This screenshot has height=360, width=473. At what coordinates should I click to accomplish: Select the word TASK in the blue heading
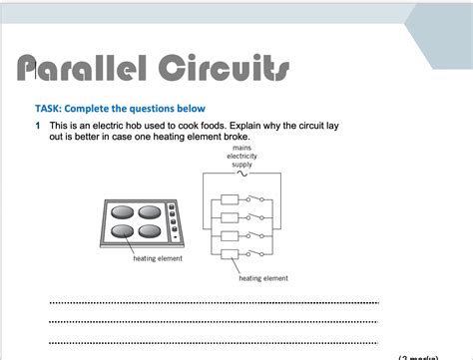click(49, 108)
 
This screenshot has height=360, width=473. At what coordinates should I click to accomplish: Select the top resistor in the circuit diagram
click(231, 198)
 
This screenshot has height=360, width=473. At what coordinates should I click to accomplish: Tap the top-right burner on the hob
click(151, 212)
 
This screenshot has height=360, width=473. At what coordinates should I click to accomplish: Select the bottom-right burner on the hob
click(151, 231)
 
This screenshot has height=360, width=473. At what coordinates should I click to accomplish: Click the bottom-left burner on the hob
click(122, 231)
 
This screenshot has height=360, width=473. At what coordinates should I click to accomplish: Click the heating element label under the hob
click(158, 258)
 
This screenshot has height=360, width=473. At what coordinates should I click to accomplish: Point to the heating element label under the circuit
click(263, 278)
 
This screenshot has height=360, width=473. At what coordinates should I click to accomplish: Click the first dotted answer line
click(214, 302)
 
